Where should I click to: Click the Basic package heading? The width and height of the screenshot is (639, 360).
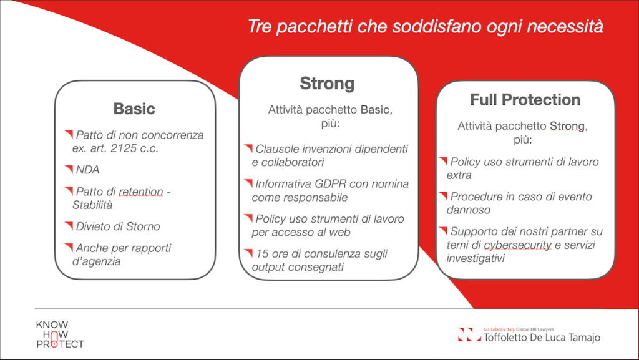[134, 109]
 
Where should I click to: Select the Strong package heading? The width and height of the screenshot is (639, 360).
[327, 84]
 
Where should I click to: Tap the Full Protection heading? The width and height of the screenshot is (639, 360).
[525, 99]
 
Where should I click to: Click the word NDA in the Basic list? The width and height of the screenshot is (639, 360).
[87, 170]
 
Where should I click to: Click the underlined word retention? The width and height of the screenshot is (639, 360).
[141, 192]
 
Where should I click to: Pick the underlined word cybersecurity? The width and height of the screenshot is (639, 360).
[517, 245]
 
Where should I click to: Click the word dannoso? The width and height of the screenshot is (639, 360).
[468, 210]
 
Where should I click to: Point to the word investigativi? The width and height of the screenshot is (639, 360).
[476, 258]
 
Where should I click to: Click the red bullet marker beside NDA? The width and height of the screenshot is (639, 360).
[69, 168]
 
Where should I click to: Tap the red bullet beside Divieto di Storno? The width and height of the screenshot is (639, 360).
[69, 225]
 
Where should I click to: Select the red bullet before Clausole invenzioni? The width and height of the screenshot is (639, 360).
[248, 148]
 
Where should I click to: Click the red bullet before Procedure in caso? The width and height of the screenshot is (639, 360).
[443, 195]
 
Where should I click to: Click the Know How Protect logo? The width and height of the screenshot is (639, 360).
[60, 334]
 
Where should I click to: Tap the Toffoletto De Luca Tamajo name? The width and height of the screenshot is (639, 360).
[542, 337]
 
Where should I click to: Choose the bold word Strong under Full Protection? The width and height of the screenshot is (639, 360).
[567, 126]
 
